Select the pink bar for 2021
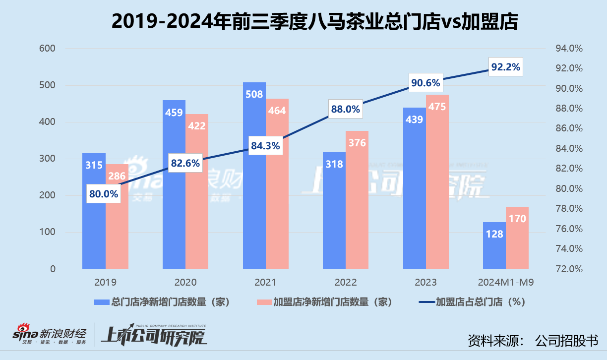(x=277, y=198)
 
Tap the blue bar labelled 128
(x=494, y=248)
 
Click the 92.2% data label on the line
(x=505, y=67)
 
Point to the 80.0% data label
(x=104, y=194)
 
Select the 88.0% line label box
(x=345, y=109)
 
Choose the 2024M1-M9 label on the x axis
(x=506, y=282)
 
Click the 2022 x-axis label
(x=346, y=282)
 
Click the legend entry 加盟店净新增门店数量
(x=324, y=301)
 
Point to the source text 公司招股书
(x=567, y=341)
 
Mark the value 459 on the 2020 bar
(x=174, y=113)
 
